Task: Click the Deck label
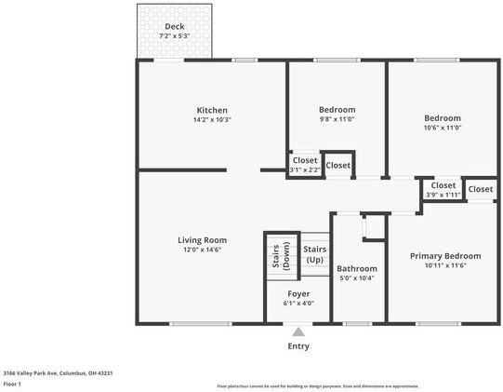[174, 26]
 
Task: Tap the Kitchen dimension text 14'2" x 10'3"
[212, 119]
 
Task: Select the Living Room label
[202, 239]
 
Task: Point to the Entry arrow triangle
[298, 331]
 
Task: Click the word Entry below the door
[298, 346]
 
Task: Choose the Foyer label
[298, 293]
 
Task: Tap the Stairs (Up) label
[315, 254]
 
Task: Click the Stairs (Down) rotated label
[276, 257]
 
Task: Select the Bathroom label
[356, 268]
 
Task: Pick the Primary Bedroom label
[445, 256]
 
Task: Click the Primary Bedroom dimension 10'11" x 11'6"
[445, 266]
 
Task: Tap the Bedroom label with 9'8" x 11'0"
[337, 109]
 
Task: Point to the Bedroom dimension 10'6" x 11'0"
[443, 128]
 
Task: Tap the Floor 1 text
[13, 383]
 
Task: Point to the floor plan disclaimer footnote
[317, 385]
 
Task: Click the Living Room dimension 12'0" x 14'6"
[202, 250]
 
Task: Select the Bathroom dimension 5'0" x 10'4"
[356, 278]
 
